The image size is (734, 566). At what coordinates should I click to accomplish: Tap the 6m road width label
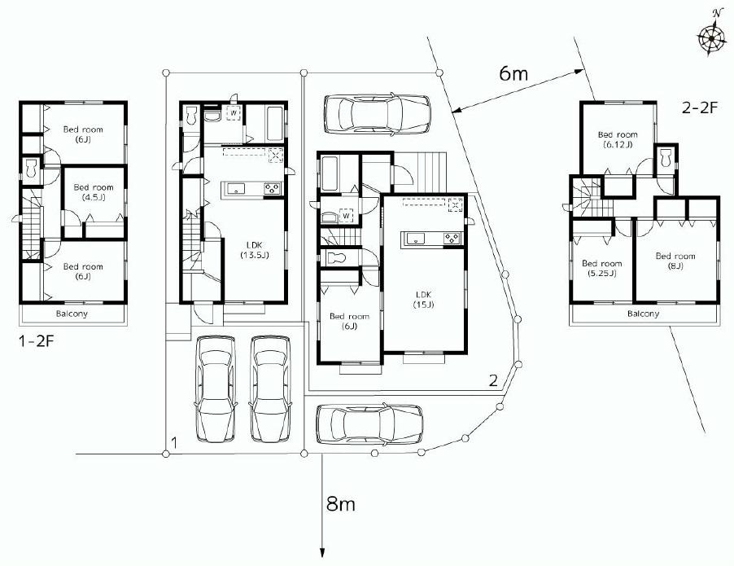tap(513, 74)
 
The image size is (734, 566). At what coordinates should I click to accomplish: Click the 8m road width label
tap(340, 504)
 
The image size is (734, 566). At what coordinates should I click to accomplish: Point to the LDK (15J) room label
tap(423, 299)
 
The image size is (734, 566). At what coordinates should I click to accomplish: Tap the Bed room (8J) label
tap(676, 261)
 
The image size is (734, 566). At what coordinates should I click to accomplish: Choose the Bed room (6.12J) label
tap(618, 139)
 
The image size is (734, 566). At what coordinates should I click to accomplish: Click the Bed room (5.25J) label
tap(602, 268)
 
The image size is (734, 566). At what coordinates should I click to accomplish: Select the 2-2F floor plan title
tap(699, 107)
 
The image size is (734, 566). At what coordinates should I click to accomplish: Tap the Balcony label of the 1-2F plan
tap(72, 314)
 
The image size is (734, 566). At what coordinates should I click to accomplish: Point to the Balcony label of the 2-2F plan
tap(643, 314)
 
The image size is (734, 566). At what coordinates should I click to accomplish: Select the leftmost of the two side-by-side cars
tap(215, 388)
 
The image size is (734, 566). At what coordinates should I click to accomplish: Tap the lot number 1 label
tap(174, 443)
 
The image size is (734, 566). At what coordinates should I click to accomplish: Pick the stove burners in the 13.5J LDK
tap(272, 189)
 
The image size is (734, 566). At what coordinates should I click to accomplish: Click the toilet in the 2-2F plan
tap(665, 158)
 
